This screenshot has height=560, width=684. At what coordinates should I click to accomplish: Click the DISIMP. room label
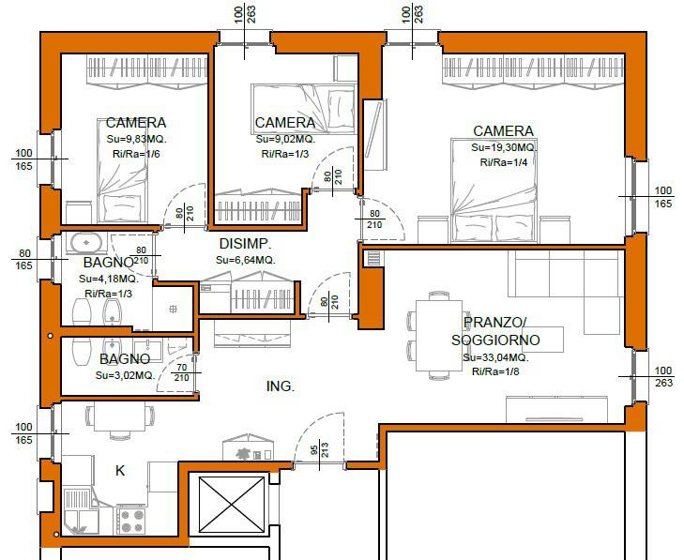(245, 243)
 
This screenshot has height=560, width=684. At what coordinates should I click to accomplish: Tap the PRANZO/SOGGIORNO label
(495, 331)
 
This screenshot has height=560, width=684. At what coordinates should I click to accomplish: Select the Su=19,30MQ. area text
(503, 147)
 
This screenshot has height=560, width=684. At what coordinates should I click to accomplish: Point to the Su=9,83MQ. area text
(137, 140)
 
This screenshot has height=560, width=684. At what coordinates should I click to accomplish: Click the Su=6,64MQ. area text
(246, 261)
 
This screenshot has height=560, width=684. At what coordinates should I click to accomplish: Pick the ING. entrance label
(281, 386)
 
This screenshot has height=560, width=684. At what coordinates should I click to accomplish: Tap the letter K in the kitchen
(120, 471)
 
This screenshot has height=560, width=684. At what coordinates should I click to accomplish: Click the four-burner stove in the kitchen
(130, 521)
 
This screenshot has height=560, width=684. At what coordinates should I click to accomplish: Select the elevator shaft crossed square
(232, 505)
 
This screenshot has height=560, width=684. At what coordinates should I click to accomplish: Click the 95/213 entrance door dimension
(319, 450)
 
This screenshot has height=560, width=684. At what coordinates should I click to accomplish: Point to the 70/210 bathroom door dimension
(181, 372)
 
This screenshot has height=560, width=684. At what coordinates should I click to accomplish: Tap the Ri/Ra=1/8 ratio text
(495, 372)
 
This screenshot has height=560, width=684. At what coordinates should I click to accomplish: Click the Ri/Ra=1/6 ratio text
(136, 154)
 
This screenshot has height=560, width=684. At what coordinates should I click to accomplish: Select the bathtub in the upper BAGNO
(86, 243)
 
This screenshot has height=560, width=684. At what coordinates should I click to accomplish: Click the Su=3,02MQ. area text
(125, 375)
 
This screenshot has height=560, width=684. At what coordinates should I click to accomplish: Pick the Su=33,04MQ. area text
(495, 358)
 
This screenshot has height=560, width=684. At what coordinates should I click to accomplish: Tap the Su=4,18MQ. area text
(109, 279)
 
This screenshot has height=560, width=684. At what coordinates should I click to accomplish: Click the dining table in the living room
(439, 336)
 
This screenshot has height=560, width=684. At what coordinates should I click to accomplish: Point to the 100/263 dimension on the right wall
(663, 377)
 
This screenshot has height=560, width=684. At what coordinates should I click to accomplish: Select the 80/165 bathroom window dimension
(24, 260)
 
